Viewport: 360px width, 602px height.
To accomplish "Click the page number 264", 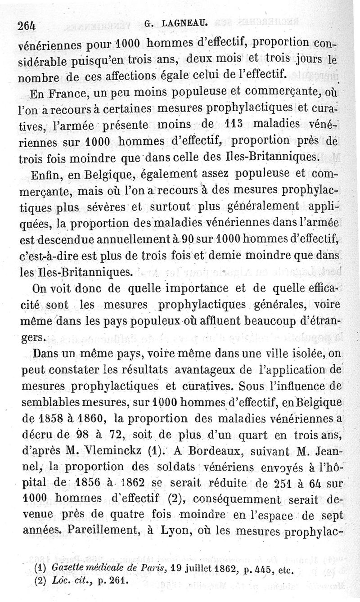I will (28, 26).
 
